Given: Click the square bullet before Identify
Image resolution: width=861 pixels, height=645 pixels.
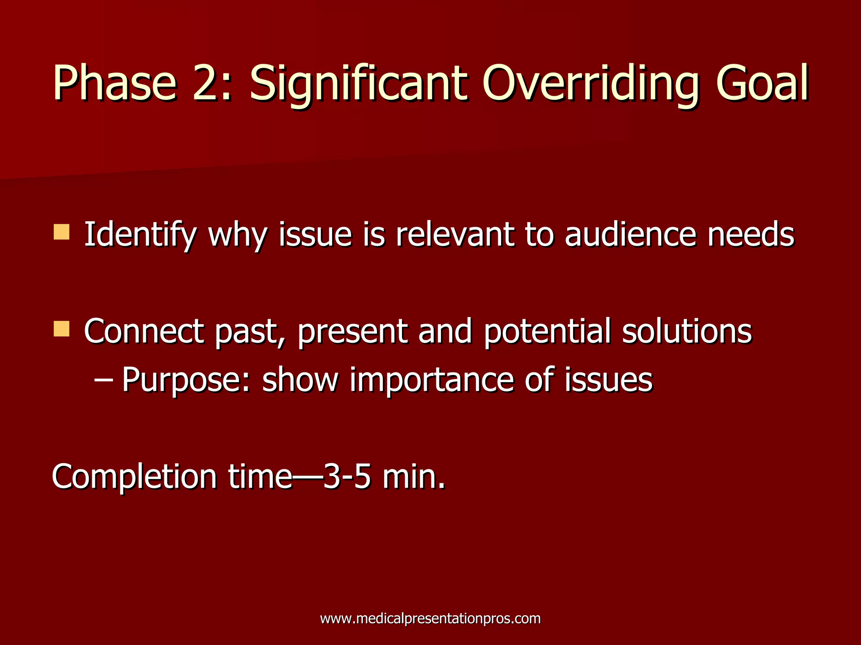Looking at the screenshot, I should (61, 232).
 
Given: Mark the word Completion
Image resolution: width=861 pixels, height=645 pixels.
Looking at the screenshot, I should (135, 477).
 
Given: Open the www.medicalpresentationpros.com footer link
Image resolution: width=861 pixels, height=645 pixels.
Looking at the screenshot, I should (430, 619).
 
